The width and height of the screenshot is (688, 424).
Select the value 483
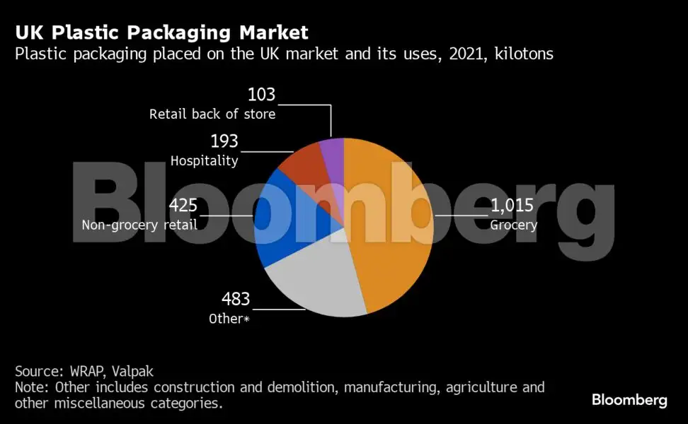pyautogui.click(x=236, y=299)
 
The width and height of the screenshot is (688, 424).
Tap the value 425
pyautogui.click(x=183, y=206)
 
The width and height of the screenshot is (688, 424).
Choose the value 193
pyautogui.click(x=224, y=141)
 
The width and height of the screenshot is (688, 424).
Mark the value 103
pyautogui.click(x=261, y=95)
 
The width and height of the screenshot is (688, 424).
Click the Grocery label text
pyautogui.click(x=514, y=225)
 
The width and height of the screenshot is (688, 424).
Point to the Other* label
pyautogui.click(x=229, y=319)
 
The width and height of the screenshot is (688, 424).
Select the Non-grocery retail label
pyautogui.click(x=139, y=225)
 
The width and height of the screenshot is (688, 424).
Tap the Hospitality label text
pyautogui.click(x=204, y=160)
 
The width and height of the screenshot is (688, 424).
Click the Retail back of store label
pyautogui.click(x=212, y=114)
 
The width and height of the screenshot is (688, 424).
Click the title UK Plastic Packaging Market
pyautogui.click(x=161, y=33)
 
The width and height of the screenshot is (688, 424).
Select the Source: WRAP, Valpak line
pyautogui.click(x=85, y=371)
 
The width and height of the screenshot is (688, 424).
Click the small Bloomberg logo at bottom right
pyautogui.click(x=629, y=400)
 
